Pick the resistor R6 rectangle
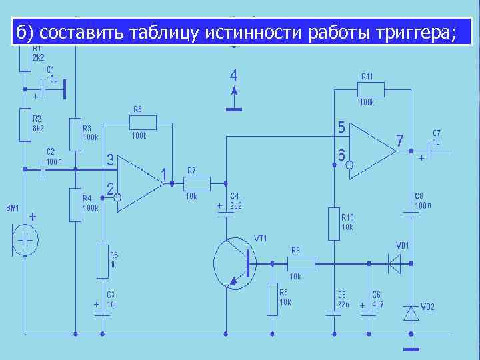(x=143, y=122)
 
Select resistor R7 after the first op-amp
(x=197, y=183)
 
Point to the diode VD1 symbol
(x=399, y=263)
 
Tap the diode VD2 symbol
(x=411, y=312)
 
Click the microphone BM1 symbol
(x=26, y=240)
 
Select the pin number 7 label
(x=399, y=141)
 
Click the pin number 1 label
(x=164, y=175)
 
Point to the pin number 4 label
(x=233, y=75)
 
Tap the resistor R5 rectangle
(x=102, y=260)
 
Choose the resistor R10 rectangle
(x=333, y=223)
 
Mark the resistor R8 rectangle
(x=272, y=299)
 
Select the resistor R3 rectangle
(x=75, y=133)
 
